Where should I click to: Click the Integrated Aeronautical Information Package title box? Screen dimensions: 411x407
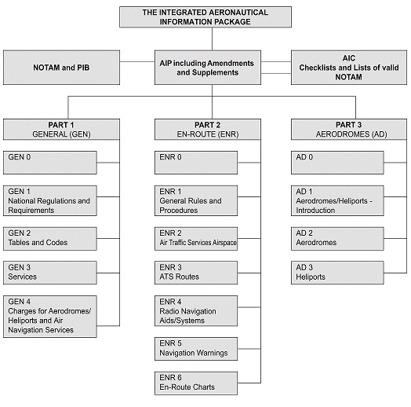point(205,17)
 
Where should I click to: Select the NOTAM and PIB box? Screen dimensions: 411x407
point(62,68)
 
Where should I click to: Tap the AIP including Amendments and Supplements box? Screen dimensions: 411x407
point(208,68)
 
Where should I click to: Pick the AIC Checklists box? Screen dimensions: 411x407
point(349,68)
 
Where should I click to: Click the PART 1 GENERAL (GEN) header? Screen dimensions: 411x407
point(62,129)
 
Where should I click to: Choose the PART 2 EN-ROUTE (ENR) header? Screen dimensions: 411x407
point(208,129)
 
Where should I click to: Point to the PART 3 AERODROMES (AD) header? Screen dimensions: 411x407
point(349,129)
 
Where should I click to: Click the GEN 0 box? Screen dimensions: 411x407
point(50,163)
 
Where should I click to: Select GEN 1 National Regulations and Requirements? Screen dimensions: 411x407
point(50,201)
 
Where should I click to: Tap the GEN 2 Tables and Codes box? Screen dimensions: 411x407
point(50,239)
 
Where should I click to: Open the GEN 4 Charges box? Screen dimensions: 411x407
point(50,317)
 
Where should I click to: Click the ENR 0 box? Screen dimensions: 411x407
point(196,163)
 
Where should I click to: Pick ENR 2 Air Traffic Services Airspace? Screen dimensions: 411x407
point(196,239)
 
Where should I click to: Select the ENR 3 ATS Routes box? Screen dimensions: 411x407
point(196,273)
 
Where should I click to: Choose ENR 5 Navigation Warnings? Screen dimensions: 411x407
point(196,349)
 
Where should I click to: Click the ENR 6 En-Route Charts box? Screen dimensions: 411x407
point(196,383)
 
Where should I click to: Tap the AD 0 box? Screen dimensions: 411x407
point(337,163)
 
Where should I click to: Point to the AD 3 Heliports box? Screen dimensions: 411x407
point(337,273)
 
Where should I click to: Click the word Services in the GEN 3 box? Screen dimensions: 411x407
point(22,277)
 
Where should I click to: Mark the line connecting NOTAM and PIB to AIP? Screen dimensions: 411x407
point(137,62)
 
